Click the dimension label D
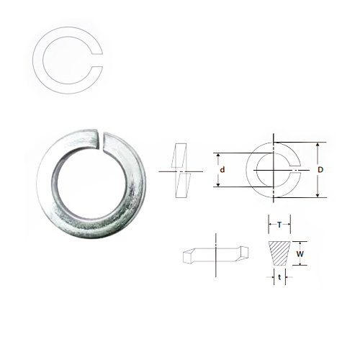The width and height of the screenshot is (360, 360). (320, 170)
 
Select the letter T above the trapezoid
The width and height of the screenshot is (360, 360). (279, 225)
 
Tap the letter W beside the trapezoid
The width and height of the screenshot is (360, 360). (300, 254)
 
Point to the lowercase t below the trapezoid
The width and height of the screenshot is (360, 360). (279, 277)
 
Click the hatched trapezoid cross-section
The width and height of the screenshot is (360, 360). (279, 253)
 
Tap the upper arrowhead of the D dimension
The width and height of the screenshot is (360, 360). (318, 145)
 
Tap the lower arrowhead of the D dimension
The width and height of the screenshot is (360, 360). (318, 195)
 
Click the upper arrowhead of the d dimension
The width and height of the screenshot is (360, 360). (218, 156)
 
